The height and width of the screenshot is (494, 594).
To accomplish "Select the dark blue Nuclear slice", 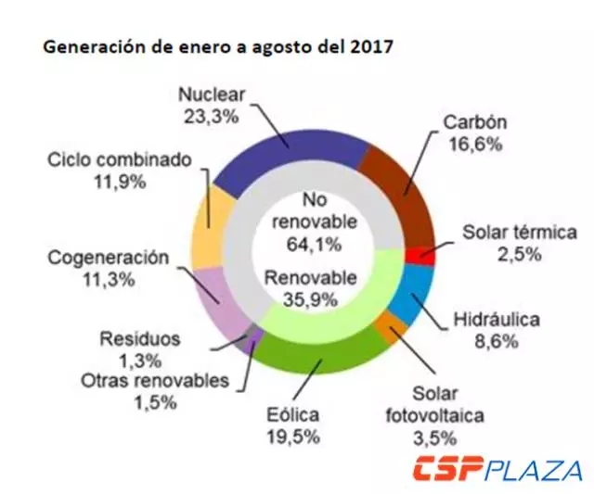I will click(x=292, y=148).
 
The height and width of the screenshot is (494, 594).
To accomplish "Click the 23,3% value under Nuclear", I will click(x=212, y=116).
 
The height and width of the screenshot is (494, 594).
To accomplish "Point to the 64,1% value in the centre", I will click(x=303, y=245).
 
